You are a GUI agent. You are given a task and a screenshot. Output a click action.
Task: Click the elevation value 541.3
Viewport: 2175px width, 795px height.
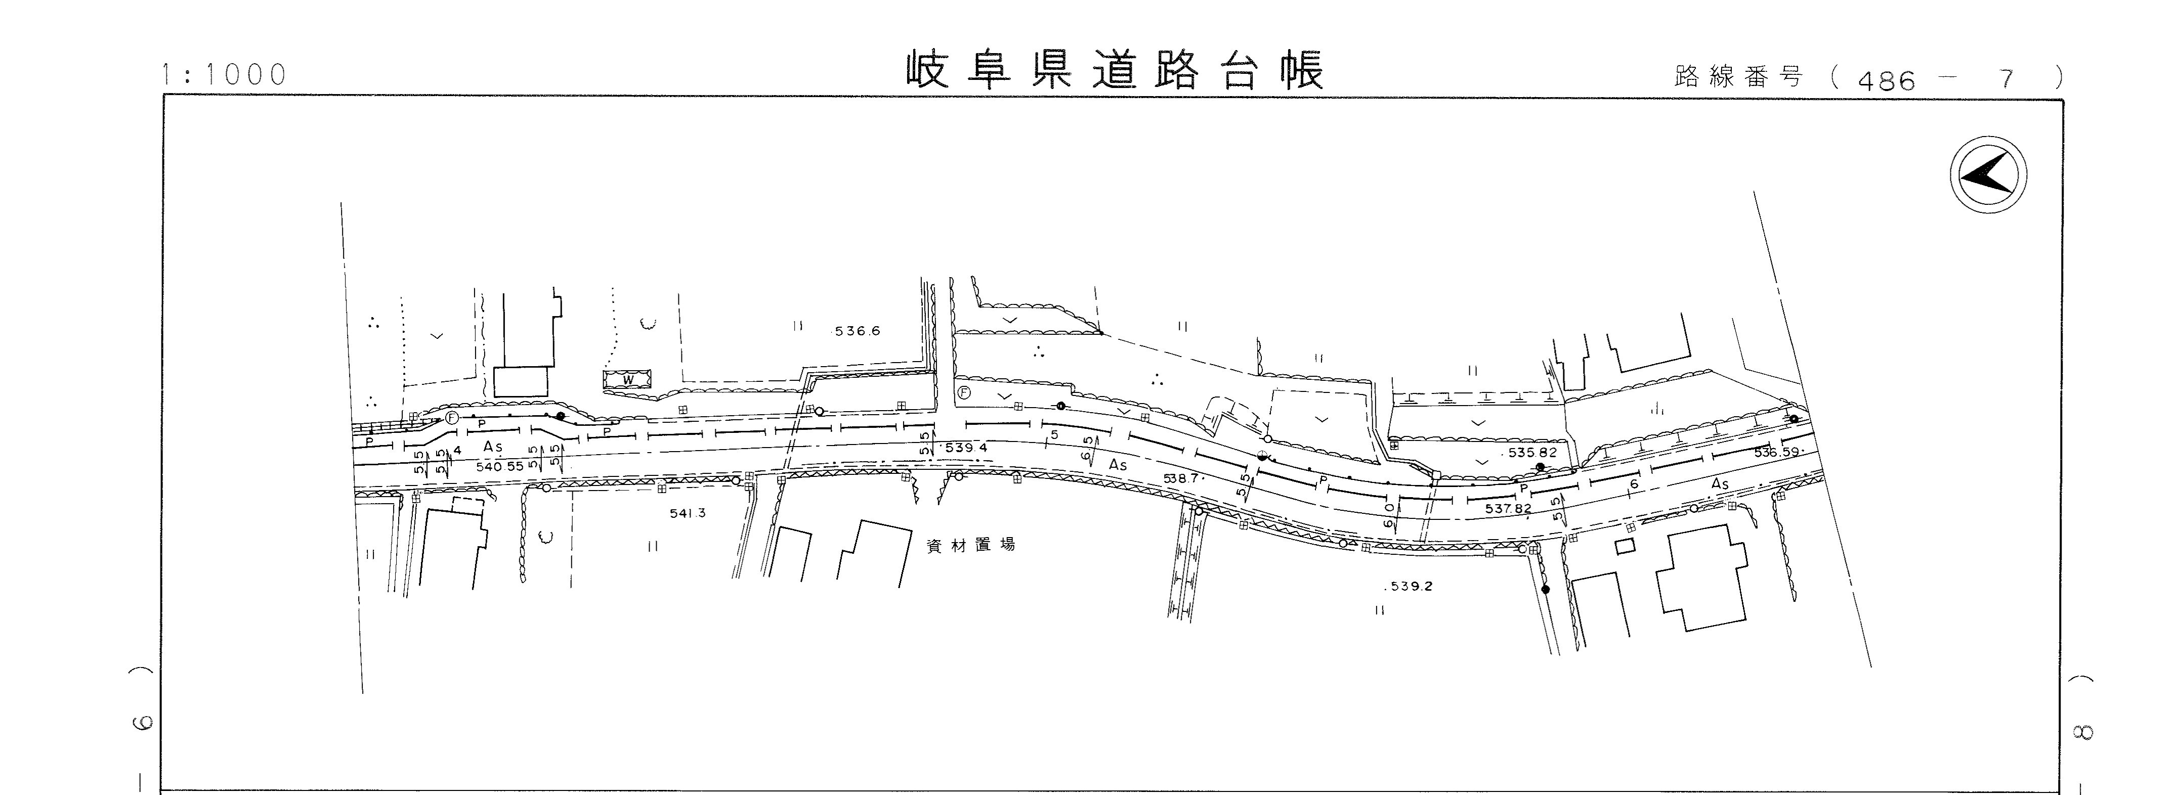(687, 513)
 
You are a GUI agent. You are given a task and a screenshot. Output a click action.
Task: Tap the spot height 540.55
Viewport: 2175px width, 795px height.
(500, 466)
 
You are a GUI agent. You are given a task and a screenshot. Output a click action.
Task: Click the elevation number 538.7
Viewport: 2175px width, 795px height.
(1182, 478)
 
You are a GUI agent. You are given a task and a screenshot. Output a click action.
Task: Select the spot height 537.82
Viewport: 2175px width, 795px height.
(1508, 509)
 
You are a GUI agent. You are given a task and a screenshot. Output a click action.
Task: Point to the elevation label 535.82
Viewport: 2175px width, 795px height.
(1531, 452)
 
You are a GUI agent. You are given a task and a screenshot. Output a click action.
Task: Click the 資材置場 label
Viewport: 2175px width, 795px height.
(970, 545)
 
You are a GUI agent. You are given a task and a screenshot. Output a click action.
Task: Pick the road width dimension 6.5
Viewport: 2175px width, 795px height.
(1088, 447)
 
